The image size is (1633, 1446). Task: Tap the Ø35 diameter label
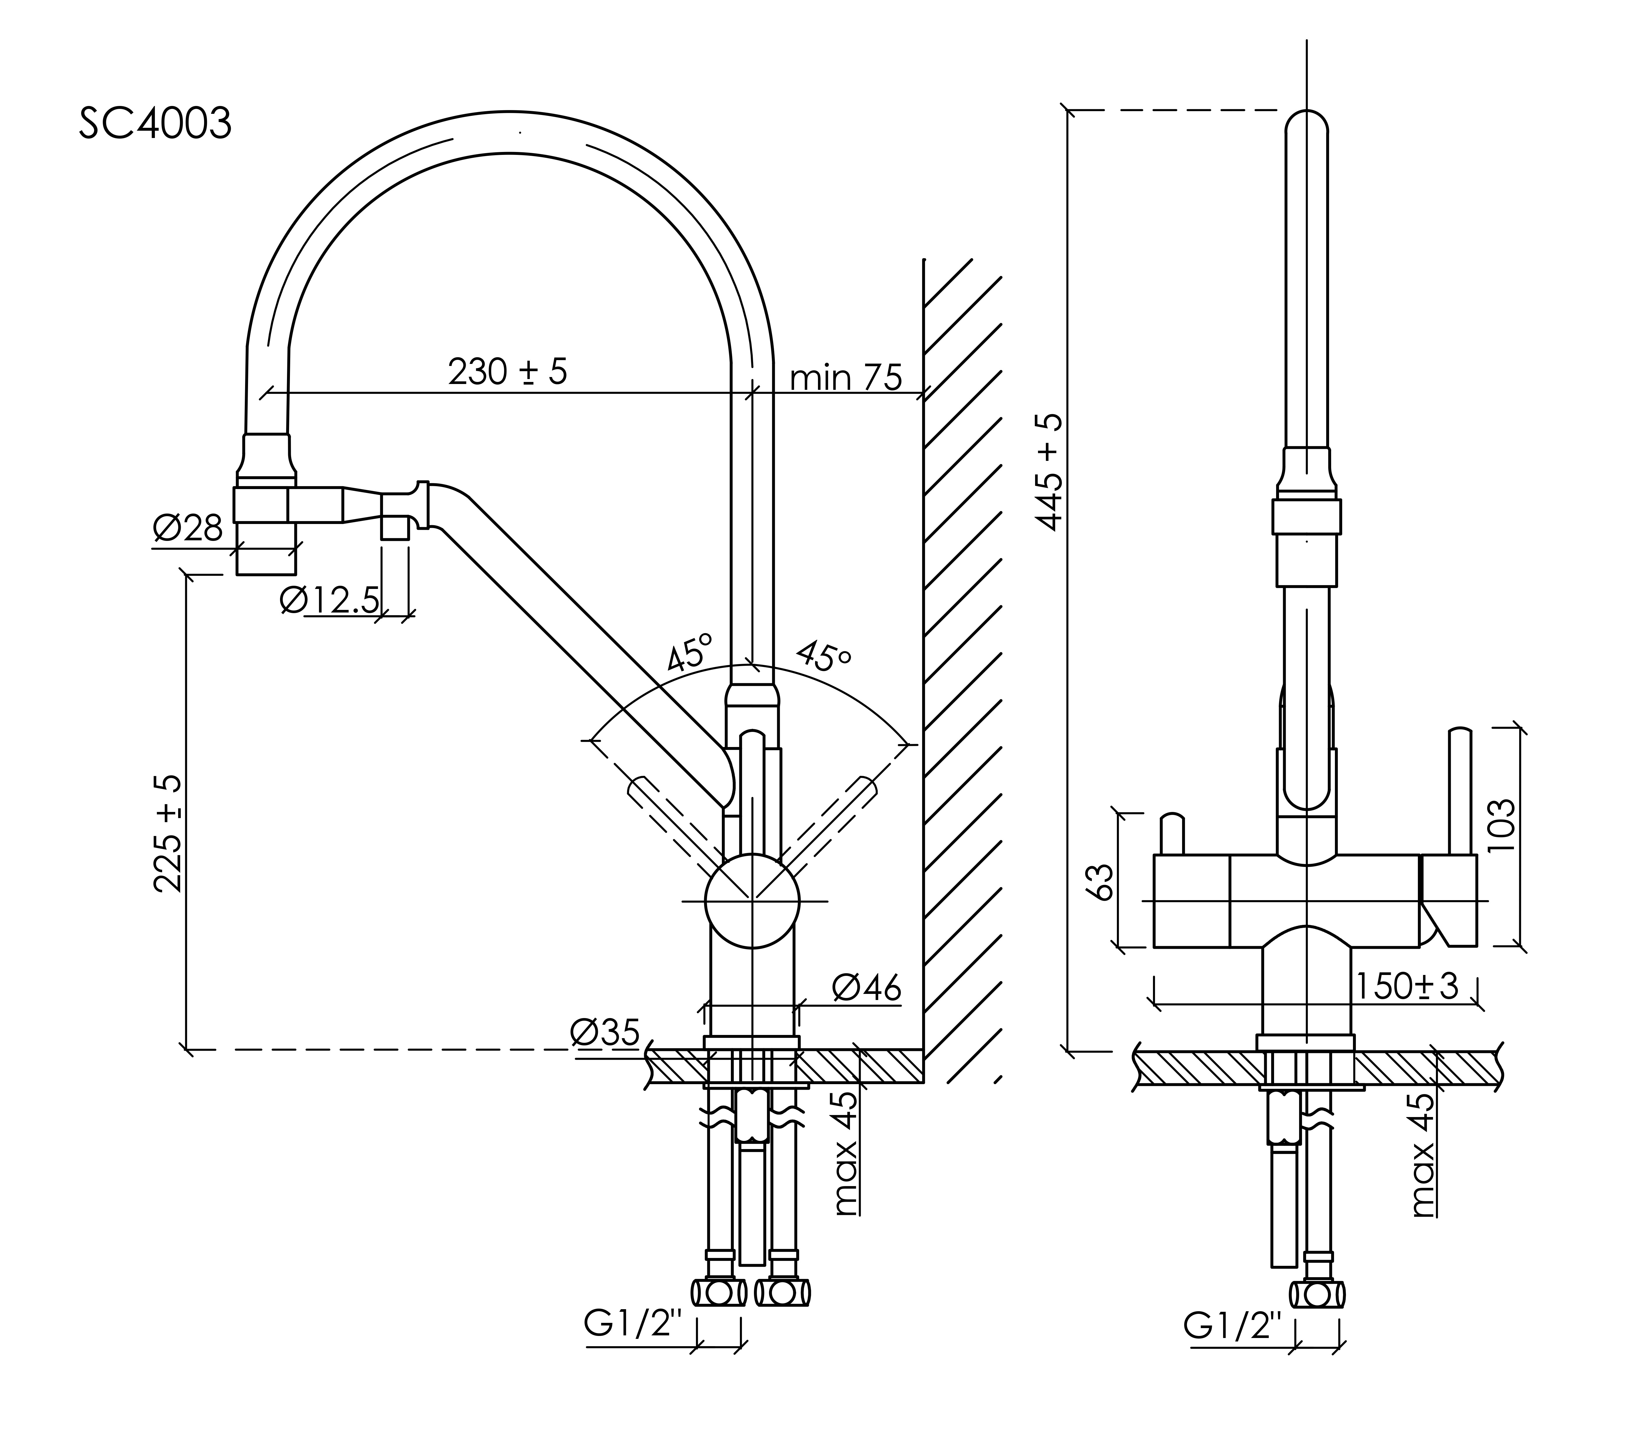click(x=605, y=1033)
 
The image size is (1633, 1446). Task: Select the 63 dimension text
click(x=1102, y=882)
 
